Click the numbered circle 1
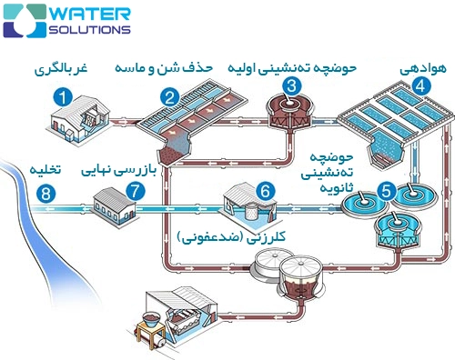(x=63, y=96)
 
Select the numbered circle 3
(x=291, y=87)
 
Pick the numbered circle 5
(x=388, y=192)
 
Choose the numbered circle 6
(x=265, y=192)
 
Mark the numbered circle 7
(x=136, y=192)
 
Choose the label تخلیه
(x=45, y=169)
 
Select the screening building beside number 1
(x=73, y=122)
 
